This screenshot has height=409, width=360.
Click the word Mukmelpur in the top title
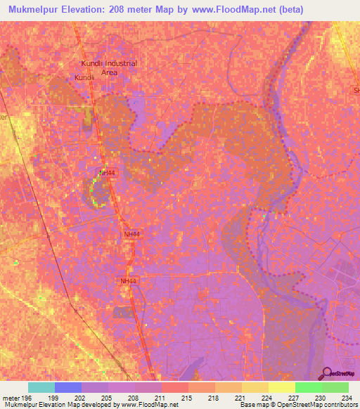(x=34, y=9)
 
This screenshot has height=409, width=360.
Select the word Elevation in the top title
(x=88, y=9)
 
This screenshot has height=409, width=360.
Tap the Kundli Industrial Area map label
(x=108, y=67)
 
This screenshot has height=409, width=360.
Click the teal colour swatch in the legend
(x=41, y=387)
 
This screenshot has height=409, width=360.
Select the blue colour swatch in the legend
(x=67, y=387)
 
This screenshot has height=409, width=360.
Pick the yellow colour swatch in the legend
(x=281, y=387)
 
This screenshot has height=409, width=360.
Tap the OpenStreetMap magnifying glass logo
(x=328, y=374)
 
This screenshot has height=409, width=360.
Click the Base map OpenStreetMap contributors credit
(x=296, y=405)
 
